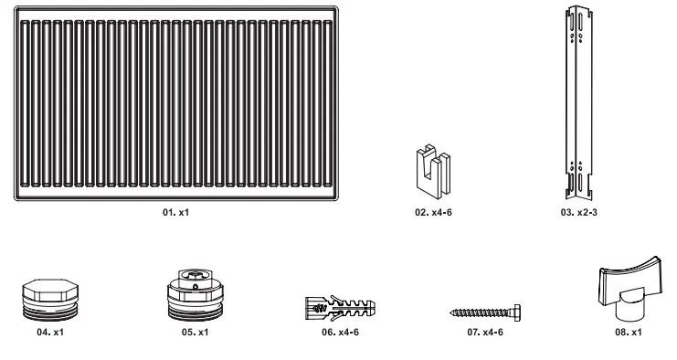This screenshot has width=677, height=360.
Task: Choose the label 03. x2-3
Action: click(577, 211)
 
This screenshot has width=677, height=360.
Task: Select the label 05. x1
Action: click(195, 333)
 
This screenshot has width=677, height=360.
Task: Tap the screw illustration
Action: click(483, 311)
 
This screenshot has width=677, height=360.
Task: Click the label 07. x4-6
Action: click(485, 333)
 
